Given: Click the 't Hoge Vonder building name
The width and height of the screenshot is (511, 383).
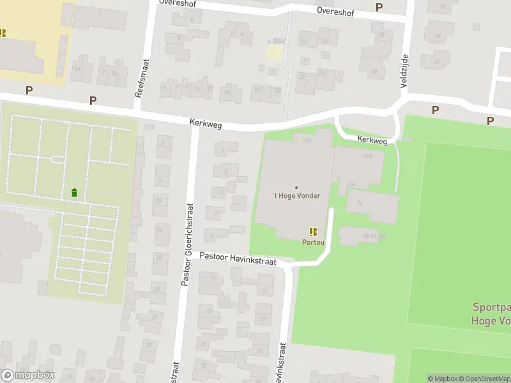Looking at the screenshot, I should [296, 196].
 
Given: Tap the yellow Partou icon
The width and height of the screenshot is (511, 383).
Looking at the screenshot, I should [313, 232].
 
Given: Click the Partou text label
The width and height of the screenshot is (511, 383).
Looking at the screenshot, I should [313, 243].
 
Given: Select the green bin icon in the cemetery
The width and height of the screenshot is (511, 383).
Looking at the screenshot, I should [75, 192].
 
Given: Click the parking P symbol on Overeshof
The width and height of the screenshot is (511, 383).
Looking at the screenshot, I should [379, 7].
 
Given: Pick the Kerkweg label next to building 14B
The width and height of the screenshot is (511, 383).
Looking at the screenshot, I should [372, 140].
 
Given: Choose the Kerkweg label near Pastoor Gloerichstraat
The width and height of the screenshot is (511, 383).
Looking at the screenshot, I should [205, 124].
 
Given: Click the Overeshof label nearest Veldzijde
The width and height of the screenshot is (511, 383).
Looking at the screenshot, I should [333, 11].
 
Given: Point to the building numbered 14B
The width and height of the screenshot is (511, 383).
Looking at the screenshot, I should [367, 156].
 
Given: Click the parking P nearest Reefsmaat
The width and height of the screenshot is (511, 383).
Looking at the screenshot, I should [93, 100].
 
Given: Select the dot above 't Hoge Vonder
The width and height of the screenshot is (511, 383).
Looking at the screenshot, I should [296, 187].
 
